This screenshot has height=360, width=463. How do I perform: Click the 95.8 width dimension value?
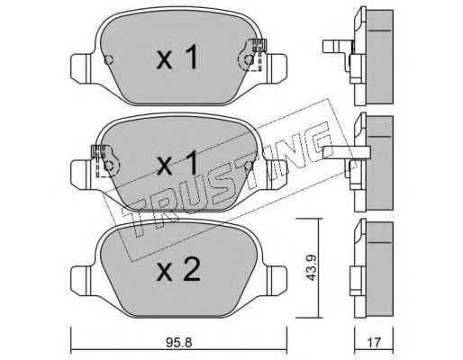click(178, 342)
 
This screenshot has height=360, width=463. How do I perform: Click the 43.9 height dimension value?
click(311, 267)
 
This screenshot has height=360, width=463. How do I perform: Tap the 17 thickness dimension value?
click(374, 342)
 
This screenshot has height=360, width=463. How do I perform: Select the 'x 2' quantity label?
click(178, 269)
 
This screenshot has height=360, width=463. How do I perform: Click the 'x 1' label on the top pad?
click(177, 57)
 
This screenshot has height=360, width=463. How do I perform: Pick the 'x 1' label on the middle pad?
click(177, 163)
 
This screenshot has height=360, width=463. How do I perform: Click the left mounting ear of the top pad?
click(82, 67)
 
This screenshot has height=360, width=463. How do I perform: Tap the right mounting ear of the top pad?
click(276, 67)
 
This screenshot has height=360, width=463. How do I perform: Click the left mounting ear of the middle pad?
click(81, 174)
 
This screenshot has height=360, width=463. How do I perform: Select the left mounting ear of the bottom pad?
click(82, 280)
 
